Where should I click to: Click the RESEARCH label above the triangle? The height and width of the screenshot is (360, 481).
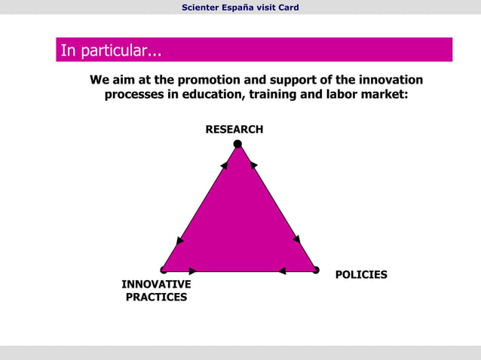(234, 130)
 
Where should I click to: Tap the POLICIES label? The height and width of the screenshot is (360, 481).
(360, 275)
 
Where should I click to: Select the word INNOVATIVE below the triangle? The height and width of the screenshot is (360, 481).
(156, 285)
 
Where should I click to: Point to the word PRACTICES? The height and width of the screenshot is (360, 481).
(156, 297)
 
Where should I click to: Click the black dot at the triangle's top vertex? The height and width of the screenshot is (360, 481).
(237, 144)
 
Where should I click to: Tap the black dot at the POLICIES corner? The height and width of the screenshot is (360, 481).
(316, 270)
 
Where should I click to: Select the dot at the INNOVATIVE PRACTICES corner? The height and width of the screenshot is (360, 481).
(163, 270)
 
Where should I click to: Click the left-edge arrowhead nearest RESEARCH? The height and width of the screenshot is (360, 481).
(225, 166)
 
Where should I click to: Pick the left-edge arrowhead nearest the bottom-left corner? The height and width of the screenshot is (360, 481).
(179, 241)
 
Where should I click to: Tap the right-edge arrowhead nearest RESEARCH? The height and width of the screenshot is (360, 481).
(253, 165)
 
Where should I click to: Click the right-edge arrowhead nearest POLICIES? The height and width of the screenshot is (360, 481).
(297, 239)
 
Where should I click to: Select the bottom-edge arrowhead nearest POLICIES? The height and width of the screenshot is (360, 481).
(282, 271)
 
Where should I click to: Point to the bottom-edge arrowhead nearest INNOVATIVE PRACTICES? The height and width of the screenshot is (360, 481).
(193, 271)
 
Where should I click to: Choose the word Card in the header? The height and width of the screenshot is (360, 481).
(288, 8)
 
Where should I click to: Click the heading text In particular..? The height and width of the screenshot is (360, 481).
(110, 51)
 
